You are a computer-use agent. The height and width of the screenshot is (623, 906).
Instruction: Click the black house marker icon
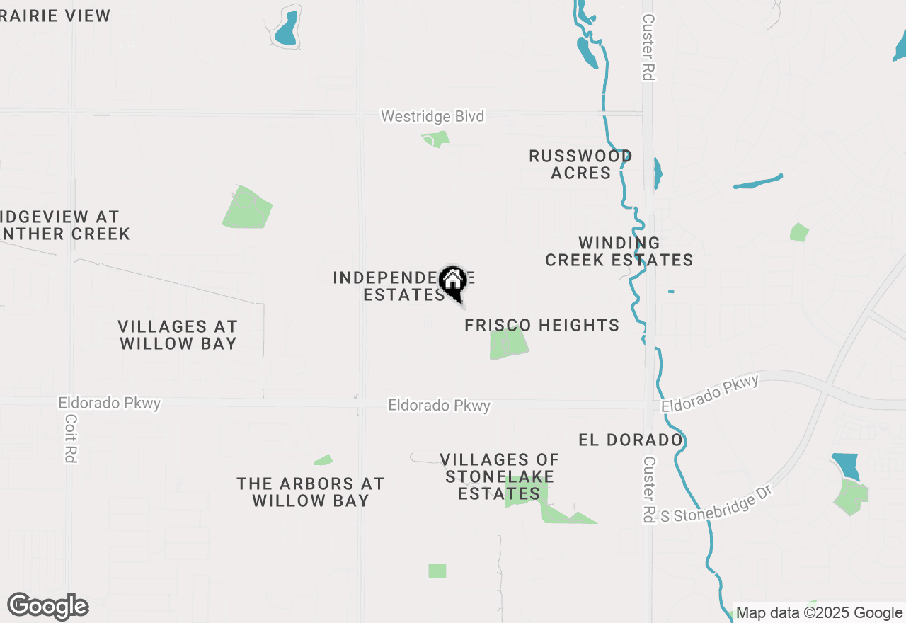tap(452, 282)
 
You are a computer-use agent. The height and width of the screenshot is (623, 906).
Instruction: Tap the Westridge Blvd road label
tap(432, 116)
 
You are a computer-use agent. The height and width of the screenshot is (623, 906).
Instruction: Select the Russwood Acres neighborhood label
tap(580, 164)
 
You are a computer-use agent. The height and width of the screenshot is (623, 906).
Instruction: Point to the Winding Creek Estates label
tap(619, 252)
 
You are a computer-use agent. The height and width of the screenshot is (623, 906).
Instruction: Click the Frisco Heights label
tap(541, 325)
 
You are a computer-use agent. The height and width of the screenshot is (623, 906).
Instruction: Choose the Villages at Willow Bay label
tap(177, 335)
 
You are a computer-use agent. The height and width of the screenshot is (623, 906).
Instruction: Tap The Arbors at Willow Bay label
tap(310, 492)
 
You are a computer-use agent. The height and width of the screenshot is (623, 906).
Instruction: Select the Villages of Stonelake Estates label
tap(500, 476)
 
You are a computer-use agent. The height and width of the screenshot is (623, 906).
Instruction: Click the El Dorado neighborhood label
tap(630, 440)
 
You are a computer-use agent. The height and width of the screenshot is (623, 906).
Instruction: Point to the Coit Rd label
tap(70, 438)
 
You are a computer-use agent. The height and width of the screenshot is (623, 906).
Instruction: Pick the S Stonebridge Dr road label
tap(715, 504)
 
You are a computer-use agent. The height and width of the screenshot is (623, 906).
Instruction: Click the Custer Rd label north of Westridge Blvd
tap(648, 47)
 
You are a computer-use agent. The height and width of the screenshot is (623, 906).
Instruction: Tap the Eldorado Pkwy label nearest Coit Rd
tap(110, 404)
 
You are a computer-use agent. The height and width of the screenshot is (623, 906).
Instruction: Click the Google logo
tap(47, 606)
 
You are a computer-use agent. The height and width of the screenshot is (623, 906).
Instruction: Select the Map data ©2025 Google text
tap(819, 613)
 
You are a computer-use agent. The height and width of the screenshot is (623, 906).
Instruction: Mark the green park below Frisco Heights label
tap(508, 344)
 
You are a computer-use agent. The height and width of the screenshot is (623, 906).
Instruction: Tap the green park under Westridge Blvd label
tap(435, 139)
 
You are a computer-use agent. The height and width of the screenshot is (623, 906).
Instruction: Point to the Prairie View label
tap(55, 16)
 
